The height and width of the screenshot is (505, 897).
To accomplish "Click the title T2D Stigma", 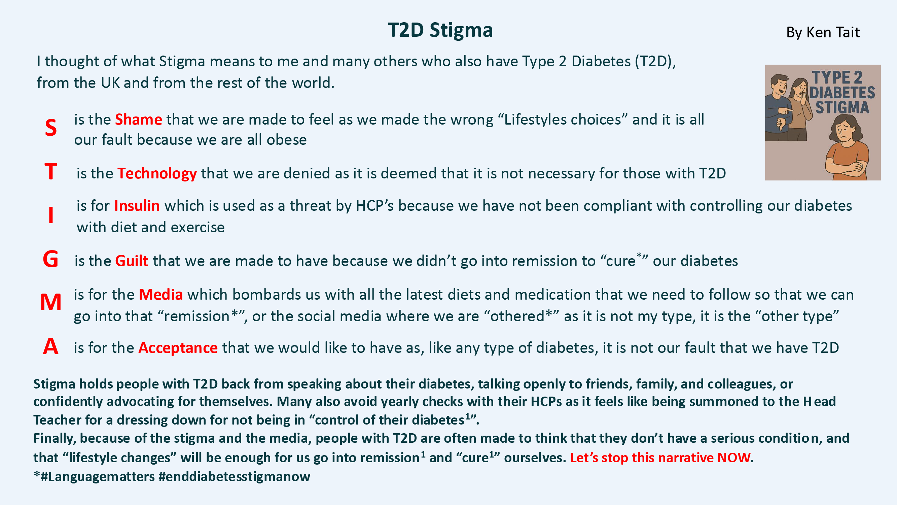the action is click(x=440, y=30).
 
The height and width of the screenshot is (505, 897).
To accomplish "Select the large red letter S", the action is click(x=51, y=128).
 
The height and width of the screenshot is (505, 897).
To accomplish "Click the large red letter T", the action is click(x=51, y=171).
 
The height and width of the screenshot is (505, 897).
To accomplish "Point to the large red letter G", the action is click(x=50, y=259).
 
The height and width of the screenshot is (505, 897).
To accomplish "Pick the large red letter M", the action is click(x=51, y=302).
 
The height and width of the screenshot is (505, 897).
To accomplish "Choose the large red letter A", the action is click(x=50, y=346).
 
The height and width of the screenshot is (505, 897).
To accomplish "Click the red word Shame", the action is click(x=139, y=120).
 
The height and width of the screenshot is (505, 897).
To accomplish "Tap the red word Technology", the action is click(x=157, y=174).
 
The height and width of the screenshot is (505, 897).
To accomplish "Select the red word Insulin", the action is click(x=137, y=206).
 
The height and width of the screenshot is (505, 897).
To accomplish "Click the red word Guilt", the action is click(x=132, y=261).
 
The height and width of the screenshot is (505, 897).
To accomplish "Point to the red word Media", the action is click(x=161, y=295).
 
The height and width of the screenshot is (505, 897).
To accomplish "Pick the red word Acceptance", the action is click(x=178, y=348).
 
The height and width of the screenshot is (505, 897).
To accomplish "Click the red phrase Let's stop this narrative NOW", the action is click(x=660, y=458).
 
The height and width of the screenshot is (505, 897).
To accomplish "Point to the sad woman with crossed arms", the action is click(x=847, y=148).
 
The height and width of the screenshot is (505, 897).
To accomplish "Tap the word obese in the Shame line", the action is click(x=287, y=140).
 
